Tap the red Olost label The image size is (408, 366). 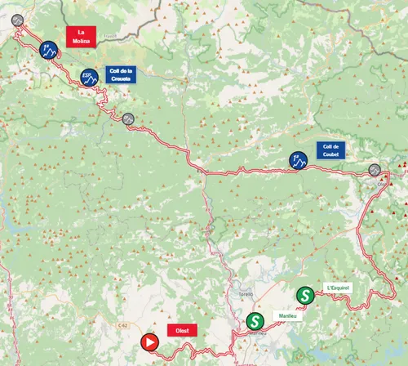pos(182,331)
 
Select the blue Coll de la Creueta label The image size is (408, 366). pos(120,74)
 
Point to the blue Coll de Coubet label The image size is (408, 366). pos(331,150)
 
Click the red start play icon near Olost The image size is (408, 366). pos(149,342)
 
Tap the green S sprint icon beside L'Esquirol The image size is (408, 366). pos(304,293)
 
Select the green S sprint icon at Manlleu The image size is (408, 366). pos(255,322)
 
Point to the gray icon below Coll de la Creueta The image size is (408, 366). pos(128,118)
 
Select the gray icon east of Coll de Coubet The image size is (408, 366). pos(375,170)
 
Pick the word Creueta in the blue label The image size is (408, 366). pos(120,78)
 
